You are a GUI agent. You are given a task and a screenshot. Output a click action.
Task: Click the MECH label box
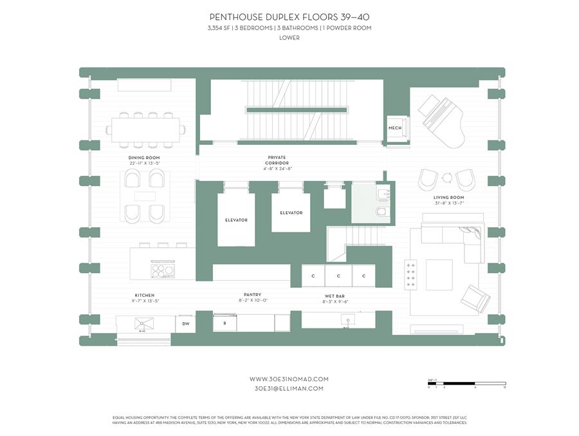[x=394, y=128]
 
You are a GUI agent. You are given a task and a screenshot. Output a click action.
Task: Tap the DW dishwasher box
[x=185, y=323]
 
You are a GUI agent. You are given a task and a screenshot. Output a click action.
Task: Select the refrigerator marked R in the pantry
[x=225, y=323]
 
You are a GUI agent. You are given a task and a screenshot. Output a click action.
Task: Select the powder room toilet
[x=380, y=213]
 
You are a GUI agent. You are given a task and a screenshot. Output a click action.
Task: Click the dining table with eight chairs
[x=145, y=129]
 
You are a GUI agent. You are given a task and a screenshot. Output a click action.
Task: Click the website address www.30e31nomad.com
[x=289, y=379]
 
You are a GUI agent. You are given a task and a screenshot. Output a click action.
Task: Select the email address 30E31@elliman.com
[x=289, y=389]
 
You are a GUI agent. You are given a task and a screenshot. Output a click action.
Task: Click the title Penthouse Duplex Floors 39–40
[x=289, y=17]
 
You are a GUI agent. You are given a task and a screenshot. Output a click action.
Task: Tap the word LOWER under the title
[x=289, y=38]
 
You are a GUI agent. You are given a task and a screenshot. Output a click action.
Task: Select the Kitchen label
[x=144, y=296]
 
